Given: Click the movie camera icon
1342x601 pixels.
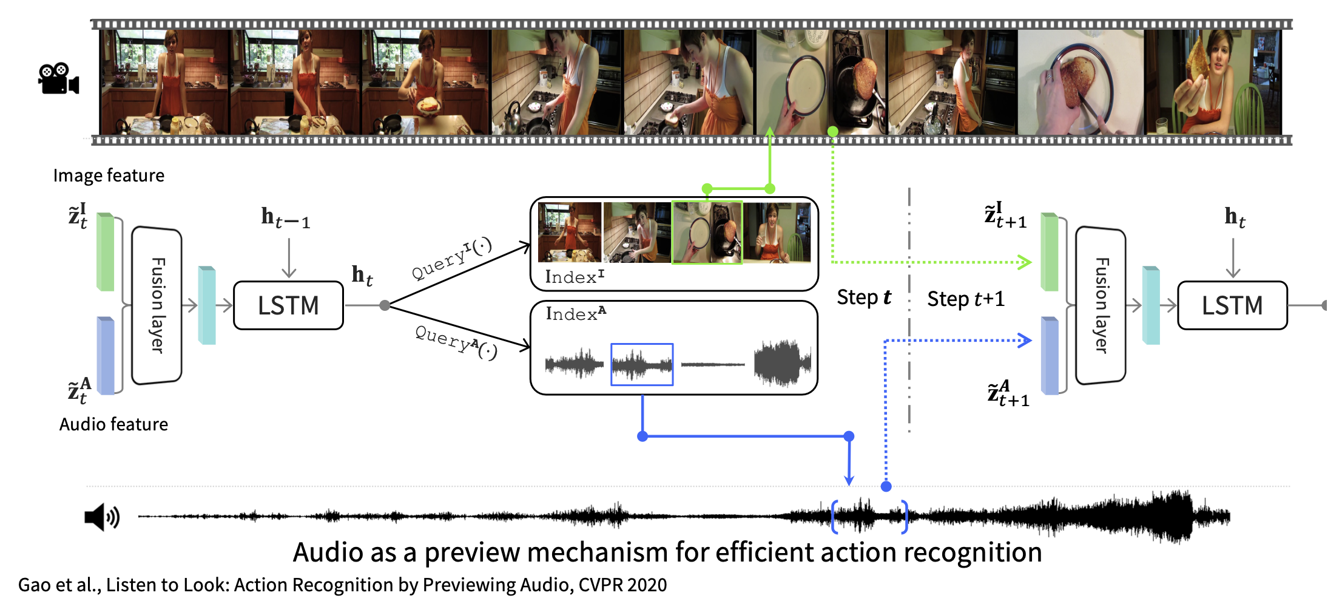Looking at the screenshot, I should pyautogui.click(x=59, y=79).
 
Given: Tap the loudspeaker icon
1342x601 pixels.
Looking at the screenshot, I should pyautogui.click(x=102, y=517).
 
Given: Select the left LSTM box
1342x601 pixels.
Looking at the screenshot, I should pyautogui.click(x=288, y=305).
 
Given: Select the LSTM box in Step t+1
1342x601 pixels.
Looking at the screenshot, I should pyautogui.click(x=1232, y=305).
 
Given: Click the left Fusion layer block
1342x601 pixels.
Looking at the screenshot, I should pyautogui.click(x=157, y=305).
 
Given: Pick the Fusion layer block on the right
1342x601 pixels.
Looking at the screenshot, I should pyautogui.click(x=1101, y=305).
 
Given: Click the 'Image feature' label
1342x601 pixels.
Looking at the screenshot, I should pyautogui.click(x=109, y=175).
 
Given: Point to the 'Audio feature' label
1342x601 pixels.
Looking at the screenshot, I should pyautogui.click(x=113, y=424).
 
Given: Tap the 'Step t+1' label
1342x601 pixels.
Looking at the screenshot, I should pyautogui.click(x=965, y=299).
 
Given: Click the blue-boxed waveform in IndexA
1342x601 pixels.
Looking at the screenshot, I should pyautogui.click(x=642, y=364).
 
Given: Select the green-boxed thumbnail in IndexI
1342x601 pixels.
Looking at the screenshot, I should pyautogui.click(x=707, y=233).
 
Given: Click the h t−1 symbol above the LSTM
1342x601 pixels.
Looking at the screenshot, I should pyautogui.click(x=285, y=217).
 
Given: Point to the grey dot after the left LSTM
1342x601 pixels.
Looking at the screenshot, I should pyautogui.click(x=385, y=305).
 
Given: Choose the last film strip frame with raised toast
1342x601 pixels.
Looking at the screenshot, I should pyautogui.click(x=1212, y=82).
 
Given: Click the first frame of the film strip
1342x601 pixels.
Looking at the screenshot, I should pyautogui.click(x=164, y=82).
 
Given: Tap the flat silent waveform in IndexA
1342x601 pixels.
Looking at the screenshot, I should pyautogui.click(x=713, y=365).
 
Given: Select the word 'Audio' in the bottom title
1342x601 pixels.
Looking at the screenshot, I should pyautogui.click(x=329, y=552).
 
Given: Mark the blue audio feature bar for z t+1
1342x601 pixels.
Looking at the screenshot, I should pyautogui.click(x=1050, y=356).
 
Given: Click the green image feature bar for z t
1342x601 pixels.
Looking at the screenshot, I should pyautogui.click(x=106, y=252).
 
